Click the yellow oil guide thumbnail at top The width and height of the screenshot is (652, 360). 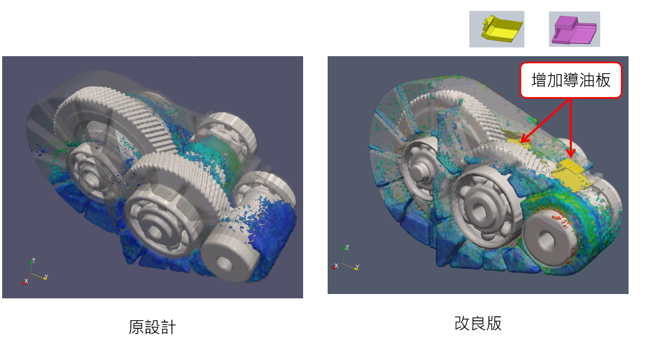(497, 29)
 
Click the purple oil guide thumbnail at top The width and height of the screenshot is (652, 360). (574, 29)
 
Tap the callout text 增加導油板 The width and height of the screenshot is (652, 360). (571, 80)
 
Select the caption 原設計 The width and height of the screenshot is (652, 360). (152, 327)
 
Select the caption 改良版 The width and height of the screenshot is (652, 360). (478, 323)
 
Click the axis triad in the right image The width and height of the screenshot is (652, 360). (345, 259)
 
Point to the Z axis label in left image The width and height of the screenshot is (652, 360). (33, 261)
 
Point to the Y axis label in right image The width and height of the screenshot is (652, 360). (357, 267)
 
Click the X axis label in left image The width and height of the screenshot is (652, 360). (26, 281)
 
